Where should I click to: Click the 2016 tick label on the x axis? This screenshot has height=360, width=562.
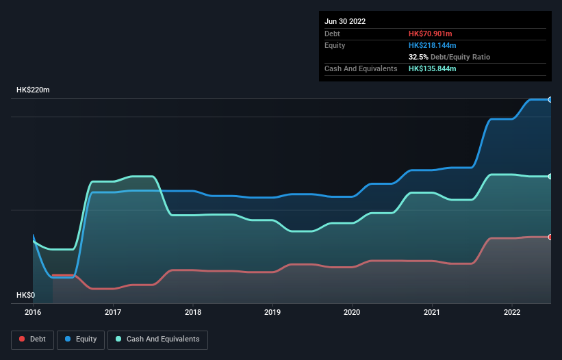coord(33,312)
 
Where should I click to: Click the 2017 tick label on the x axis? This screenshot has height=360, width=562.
coord(113,312)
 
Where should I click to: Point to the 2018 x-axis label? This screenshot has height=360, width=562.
coord(193,312)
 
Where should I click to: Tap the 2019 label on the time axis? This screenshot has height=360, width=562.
coord(272,312)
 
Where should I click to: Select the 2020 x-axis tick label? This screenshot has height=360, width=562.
coord(353,312)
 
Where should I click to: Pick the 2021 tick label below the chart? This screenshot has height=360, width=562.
coord(432,312)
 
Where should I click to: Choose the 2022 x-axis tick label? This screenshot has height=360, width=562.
coord(512,312)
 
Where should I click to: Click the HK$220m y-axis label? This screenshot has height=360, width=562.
coord(33,90)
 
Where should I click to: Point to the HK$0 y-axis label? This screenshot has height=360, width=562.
coord(25,295)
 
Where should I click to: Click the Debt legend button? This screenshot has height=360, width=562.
coord(31,339)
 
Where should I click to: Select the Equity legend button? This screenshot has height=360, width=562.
coord(81,339)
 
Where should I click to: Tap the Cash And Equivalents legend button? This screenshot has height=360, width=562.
coord(157,339)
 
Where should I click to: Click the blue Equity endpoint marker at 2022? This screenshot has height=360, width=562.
coord(550,99)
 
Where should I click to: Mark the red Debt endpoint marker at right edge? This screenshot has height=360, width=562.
coord(550,237)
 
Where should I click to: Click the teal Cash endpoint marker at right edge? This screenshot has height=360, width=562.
coord(550,177)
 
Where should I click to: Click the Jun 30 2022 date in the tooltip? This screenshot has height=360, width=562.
coord(346,21)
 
